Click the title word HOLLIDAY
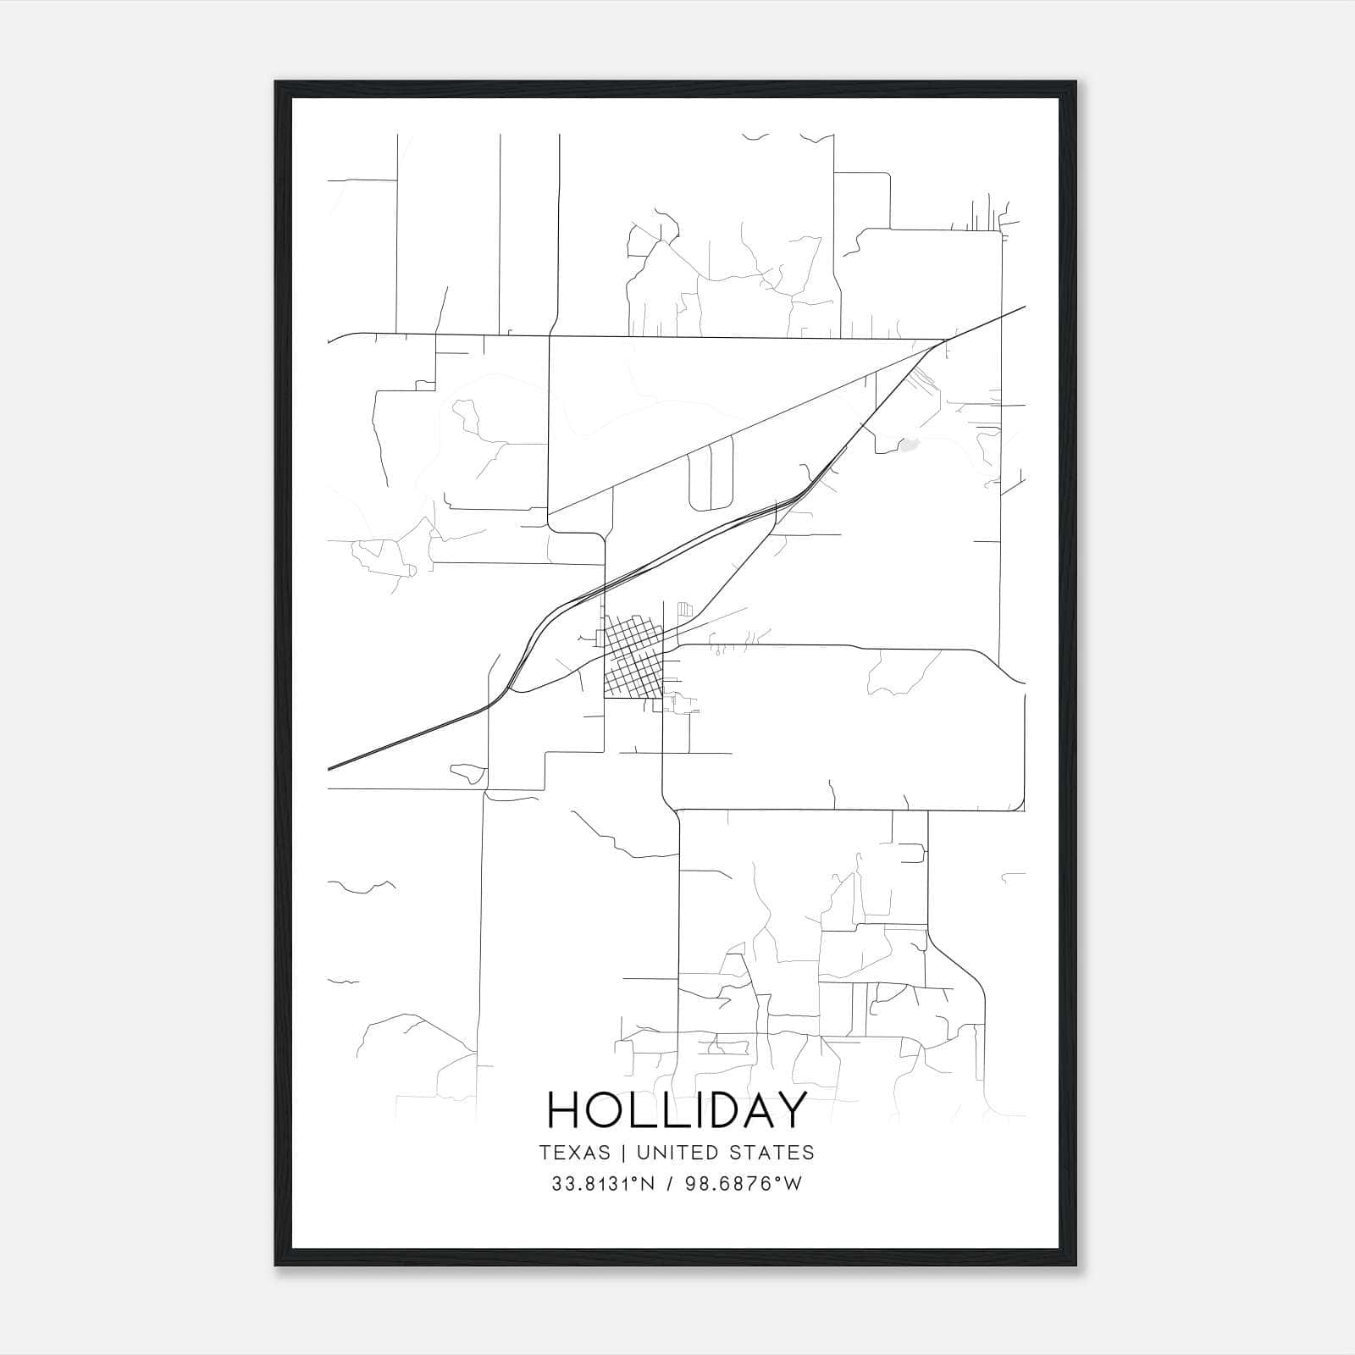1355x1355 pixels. coord(676,1110)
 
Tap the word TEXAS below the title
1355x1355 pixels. coord(573,1153)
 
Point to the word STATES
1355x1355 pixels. coord(776,1153)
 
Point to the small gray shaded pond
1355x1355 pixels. coord(908,445)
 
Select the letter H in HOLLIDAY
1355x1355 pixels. coord(565,1110)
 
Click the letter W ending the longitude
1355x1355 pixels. coord(792,1184)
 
